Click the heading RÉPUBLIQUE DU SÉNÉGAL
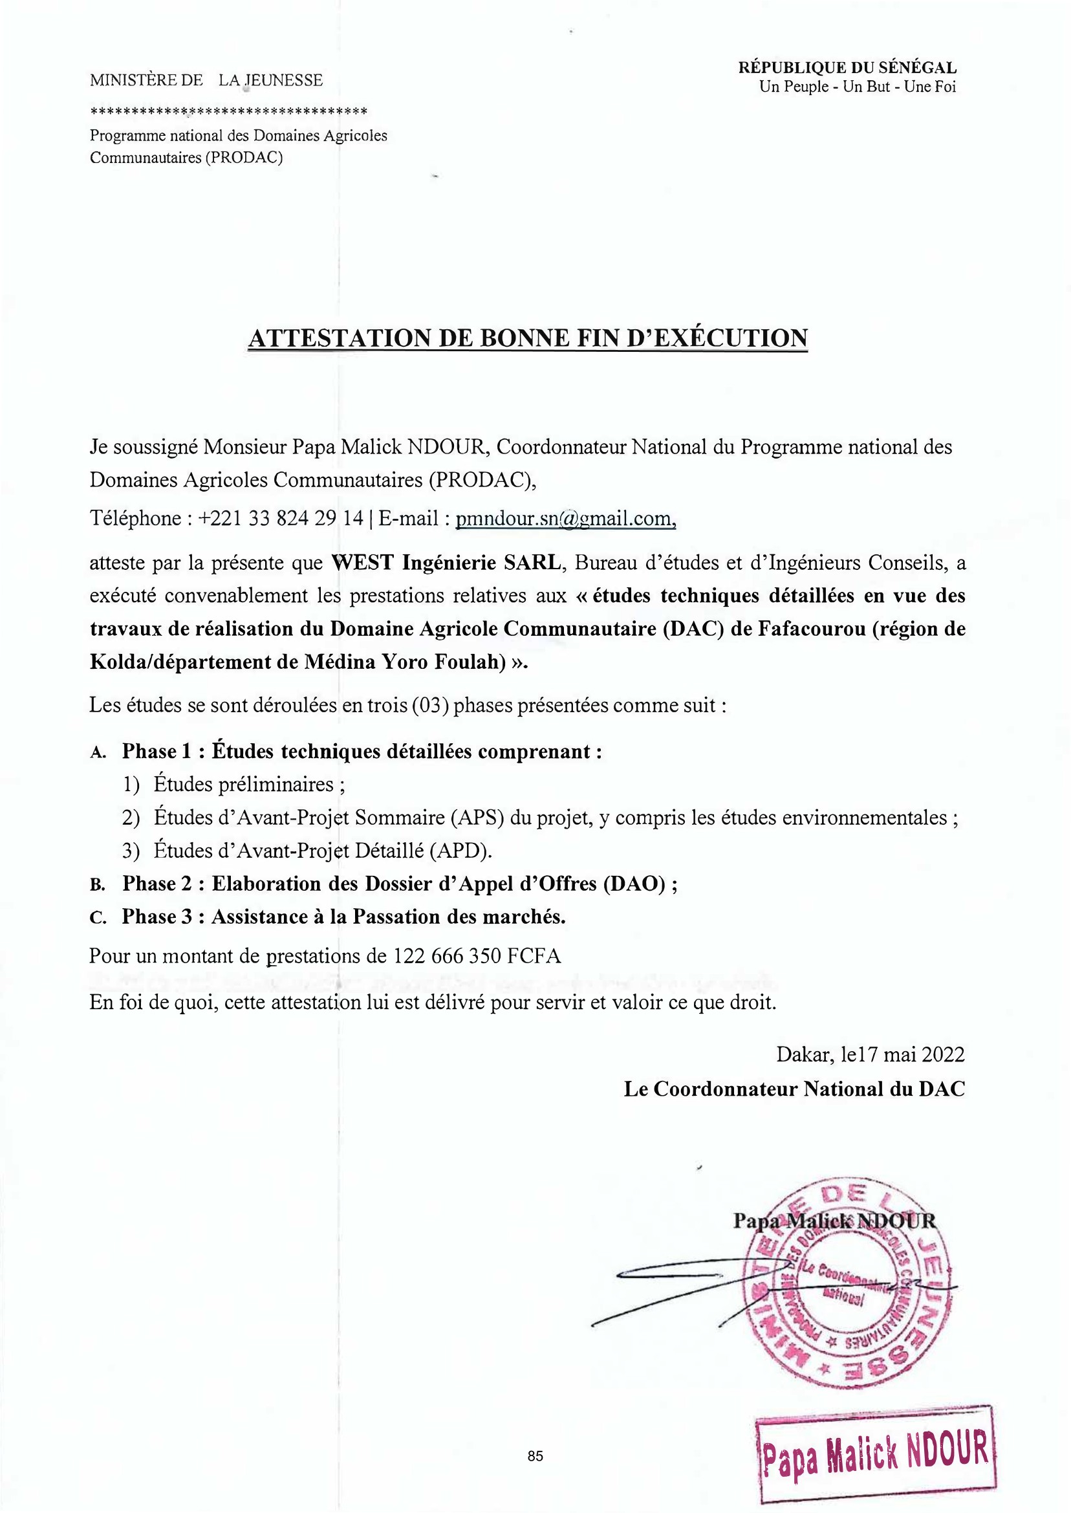(847, 67)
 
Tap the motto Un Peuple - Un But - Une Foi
(858, 87)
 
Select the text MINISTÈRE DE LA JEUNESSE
(206, 80)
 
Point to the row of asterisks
(228, 110)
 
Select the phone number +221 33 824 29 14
(280, 518)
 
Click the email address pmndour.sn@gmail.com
(565, 519)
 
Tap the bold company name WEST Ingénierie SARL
(446, 563)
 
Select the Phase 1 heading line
(362, 751)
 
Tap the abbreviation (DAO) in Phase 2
(634, 884)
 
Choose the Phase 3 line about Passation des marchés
(343, 917)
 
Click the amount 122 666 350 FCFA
(477, 955)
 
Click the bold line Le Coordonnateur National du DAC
(794, 1088)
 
